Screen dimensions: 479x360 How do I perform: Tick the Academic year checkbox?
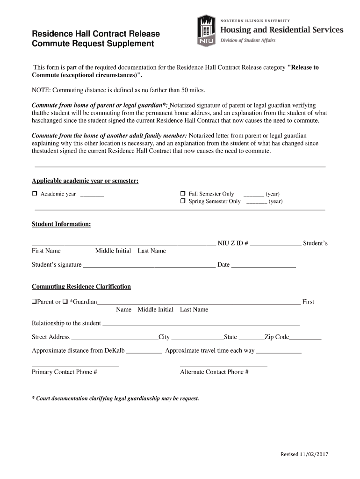coord(34,194)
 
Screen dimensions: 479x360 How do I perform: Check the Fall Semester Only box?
coord(183,194)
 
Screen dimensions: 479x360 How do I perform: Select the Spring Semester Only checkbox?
coord(183,202)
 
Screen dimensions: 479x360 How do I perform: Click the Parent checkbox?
coord(34,302)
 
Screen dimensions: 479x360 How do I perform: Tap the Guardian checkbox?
coord(65,302)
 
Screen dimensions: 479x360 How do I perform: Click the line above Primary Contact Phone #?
coord(75,366)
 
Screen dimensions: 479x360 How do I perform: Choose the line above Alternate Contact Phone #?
coord(223,366)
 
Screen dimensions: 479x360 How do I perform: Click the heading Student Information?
coord(61,225)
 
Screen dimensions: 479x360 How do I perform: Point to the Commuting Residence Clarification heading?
coord(81,287)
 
